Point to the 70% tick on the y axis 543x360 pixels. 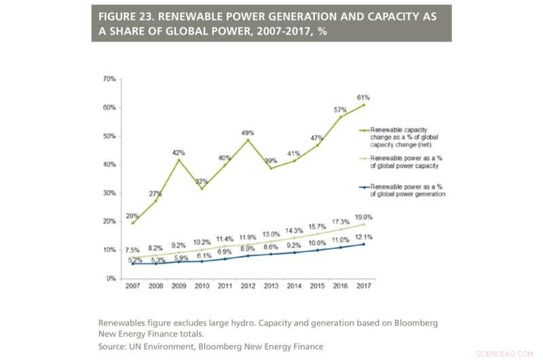pos(108,79)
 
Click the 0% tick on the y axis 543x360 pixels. pos(110,278)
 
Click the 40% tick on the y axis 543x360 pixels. pos(108,165)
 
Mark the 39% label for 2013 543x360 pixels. pos(271,161)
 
